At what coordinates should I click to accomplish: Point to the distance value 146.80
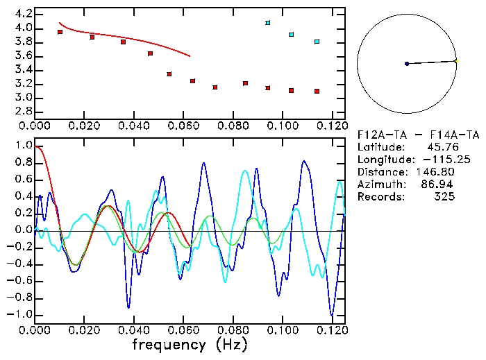440,172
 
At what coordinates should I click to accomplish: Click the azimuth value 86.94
440,185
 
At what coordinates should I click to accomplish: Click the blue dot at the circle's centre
407,64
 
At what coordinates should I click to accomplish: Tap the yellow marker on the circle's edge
455,61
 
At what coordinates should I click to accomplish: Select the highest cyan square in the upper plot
268,23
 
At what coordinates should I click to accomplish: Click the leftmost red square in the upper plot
60,32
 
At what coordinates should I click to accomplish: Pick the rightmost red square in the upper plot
317,91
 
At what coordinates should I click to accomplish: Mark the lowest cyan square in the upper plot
317,42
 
